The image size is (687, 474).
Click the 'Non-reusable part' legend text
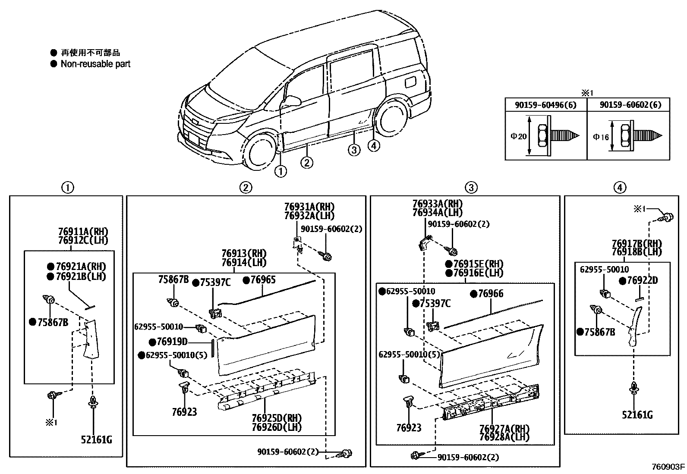click(x=95, y=64)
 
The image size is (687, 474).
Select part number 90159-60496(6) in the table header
click(x=545, y=105)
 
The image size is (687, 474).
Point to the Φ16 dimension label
click(x=601, y=137)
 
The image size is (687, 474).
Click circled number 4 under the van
click(x=374, y=146)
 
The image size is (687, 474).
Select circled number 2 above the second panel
click(x=245, y=187)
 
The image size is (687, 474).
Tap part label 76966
click(x=491, y=294)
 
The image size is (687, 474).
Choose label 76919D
click(x=172, y=342)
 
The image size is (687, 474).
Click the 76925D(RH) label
click(x=277, y=418)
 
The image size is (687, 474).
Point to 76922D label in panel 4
click(x=642, y=281)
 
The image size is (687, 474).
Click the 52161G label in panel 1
click(x=96, y=439)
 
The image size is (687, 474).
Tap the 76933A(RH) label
click(x=437, y=204)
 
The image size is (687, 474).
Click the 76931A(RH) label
click(x=309, y=207)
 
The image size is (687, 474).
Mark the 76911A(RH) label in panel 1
click(x=83, y=232)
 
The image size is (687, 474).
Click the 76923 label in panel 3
click(x=409, y=427)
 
